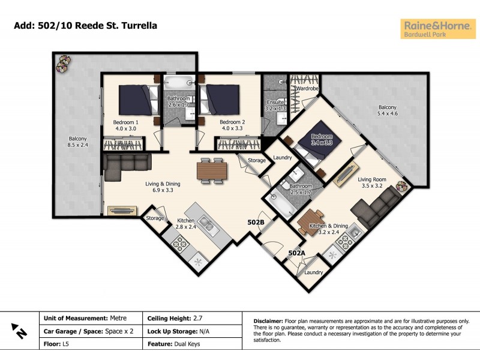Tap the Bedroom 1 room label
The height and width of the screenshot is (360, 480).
(x=125, y=122)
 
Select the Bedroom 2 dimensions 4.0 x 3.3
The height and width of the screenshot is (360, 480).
(x=217, y=128)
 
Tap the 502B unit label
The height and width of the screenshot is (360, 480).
(x=256, y=222)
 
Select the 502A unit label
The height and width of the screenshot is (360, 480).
(x=296, y=253)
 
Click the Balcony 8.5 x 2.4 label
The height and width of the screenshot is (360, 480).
(x=77, y=140)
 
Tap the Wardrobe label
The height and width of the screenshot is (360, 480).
(x=306, y=88)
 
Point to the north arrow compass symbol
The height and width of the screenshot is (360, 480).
(x=19, y=329)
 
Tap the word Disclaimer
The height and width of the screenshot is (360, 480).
(x=271, y=322)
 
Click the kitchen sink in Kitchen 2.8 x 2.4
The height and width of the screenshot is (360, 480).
(x=205, y=224)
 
